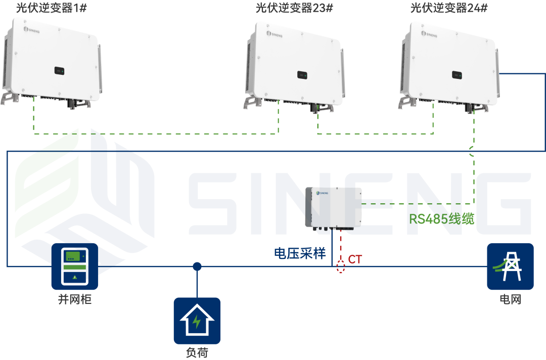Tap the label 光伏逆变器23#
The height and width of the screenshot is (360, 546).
pyautogui.click(x=294, y=8)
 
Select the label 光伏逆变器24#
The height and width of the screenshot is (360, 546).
pyautogui.click(x=448, y=8)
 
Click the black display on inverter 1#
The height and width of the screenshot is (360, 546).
pyautogui.click(x=59, y=71)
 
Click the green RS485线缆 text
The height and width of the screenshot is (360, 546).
pyautogui.click(x=441, y=219)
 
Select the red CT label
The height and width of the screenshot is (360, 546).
pyautogui.click(x=355, y=259)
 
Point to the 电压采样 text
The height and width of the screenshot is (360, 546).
pyautogui.click(x=300, y=253)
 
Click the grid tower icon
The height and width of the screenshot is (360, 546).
pyautogui.click(x=510, y=266)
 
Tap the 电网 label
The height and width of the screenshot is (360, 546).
pyautogui.click(x=510, y=299)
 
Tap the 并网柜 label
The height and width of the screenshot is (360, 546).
pyautogui.click(x=74, y=299)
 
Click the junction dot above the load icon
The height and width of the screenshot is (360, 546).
pyautogui.click(x=197, y=266)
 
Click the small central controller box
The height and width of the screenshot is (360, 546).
pyautogui.click(x=334, y=207)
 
